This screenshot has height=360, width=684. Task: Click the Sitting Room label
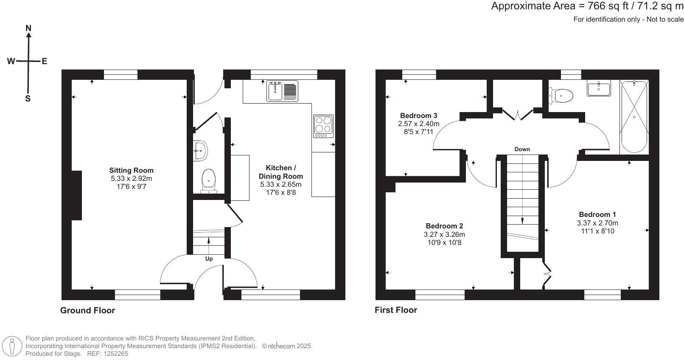coord(131,170)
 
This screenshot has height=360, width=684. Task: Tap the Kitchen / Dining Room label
coord(280,172)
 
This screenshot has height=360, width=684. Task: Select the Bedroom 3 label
coord(418,115)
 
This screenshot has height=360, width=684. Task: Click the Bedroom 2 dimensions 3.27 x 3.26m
coord(444,234)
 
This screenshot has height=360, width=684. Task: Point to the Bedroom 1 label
coord(597,214)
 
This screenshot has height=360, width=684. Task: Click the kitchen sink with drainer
coord(282,91)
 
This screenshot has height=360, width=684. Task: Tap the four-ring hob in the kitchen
coord(323,126)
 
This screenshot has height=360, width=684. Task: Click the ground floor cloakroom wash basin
coord(200,150)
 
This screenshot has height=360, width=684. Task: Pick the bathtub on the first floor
coord(634,117)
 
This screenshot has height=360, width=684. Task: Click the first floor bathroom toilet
coord(561,96)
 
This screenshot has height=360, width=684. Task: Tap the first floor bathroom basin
coord(599,89)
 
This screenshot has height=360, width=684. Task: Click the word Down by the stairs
coord(522,149)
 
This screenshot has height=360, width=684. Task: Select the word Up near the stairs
coord(209,259)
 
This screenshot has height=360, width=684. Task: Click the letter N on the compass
coord(28,28)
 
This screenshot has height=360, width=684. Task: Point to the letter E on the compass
coord(44,61)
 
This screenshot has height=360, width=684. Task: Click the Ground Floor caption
coord(87,310)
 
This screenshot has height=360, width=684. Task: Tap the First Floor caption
coord(395,310)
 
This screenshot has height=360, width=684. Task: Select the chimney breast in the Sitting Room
coord(76,195)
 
